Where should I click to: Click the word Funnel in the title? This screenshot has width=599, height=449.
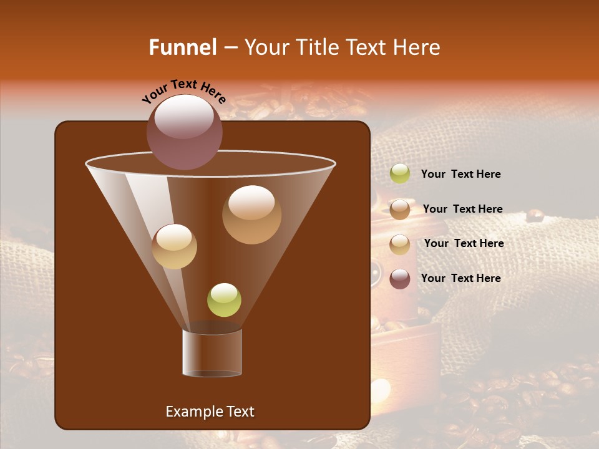tap(182, 47)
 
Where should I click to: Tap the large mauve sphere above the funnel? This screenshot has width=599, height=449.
tap(184, 132)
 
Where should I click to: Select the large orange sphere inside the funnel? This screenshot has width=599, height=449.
tap(251, 215)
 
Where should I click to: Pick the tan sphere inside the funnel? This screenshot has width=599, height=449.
tap(174, 246)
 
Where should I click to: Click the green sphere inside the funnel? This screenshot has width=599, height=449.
tap(224, 300)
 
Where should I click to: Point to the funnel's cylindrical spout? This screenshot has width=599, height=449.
tap(212, 353)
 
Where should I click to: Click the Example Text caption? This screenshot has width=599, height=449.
tap(210, 412)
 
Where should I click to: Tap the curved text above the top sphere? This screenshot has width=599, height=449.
tap(183, 90)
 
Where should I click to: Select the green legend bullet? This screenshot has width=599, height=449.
tap(400, 174)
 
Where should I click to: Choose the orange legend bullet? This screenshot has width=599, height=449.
tap(400, 210)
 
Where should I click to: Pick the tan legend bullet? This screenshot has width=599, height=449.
tap(400, 244)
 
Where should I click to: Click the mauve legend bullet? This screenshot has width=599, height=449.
tap(400, 279)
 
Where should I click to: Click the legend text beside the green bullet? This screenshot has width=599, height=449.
tap(460, 174)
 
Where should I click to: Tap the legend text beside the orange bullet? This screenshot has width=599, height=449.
tap(462, 209)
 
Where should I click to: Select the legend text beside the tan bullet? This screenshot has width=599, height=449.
tap(464, 243)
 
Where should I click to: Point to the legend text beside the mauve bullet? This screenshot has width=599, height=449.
tap(460, 278)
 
